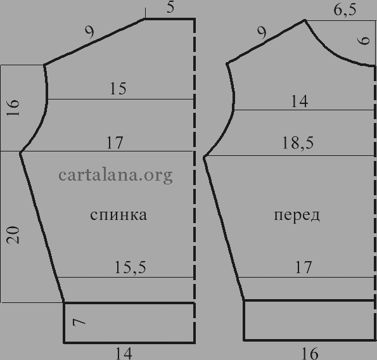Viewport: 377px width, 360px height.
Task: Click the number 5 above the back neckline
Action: [x=170, y=7]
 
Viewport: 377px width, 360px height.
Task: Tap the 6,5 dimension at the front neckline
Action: [x=345, y=10]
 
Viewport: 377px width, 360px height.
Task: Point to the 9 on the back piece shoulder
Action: [x=90, y=32]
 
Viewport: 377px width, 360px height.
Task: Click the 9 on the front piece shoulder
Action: [x=262, y=33]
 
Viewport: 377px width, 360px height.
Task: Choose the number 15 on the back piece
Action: [x=118, y=89]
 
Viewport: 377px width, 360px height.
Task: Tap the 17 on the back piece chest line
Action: [x=115, y=143]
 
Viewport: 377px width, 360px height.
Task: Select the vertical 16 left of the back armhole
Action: [x=13, y=108]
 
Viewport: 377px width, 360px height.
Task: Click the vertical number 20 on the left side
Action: [x=13, y=235]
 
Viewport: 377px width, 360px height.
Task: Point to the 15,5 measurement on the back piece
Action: [x=131, y=267]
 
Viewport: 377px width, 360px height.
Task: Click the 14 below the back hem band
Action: [x=124, y=353]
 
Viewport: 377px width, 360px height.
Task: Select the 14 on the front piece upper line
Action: [x=299, y=101]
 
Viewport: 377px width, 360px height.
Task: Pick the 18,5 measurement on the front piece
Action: [x=298, y=143]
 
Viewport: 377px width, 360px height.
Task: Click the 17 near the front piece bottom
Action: [x=304, y=267]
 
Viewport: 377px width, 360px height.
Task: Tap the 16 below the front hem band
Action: [x=310, y=353]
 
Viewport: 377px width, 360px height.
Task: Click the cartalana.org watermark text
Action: [x=115, y=176]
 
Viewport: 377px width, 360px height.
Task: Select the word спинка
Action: [x=118, y=215]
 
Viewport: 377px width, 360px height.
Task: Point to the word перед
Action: [x=297, y=215]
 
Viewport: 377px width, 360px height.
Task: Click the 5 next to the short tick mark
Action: [x=170, y=7]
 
